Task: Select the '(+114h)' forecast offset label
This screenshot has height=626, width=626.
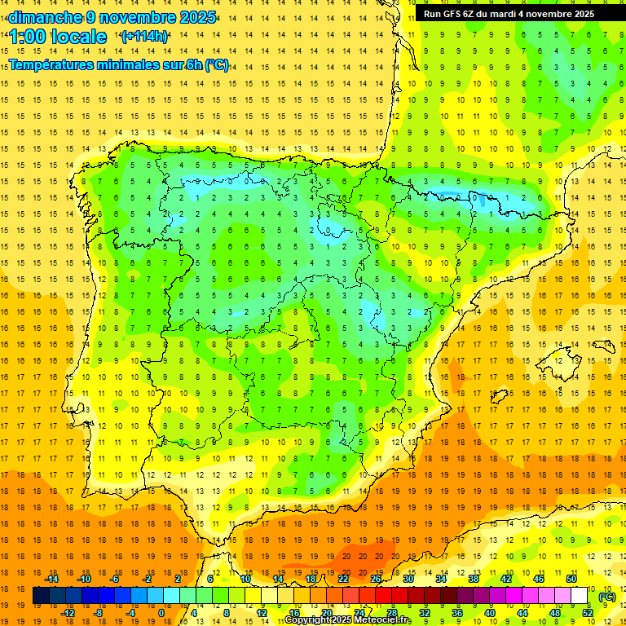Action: pos(144,37)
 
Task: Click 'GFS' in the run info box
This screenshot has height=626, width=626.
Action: pos(452,14)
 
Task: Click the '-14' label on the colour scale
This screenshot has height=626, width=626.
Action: pos(51,579)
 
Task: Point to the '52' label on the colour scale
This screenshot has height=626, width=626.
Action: pos(588,612)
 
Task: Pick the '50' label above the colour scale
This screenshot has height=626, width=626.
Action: pos(571,579)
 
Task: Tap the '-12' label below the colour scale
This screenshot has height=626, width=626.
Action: pos(68,612)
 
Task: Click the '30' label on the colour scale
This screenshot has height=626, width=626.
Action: pos(408,579)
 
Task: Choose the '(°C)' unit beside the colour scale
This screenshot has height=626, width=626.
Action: pos(606,597)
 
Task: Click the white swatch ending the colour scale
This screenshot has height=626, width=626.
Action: pos(580,596)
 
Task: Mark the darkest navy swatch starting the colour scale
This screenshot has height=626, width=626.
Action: pos(41,596)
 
